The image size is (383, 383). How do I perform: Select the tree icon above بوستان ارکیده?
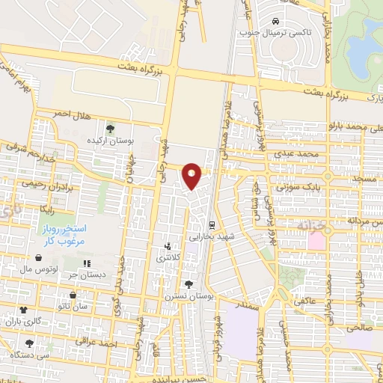(x=111, y=127)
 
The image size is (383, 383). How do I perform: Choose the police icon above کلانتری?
(x=168, y=245)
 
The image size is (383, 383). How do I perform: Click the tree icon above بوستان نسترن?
(x=188, y=284)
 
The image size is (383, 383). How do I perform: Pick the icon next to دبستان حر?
(x=87, y=263)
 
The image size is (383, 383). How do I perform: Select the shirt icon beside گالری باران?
(x=23, y=308)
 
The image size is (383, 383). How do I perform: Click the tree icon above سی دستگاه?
(x=28, y=343)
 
